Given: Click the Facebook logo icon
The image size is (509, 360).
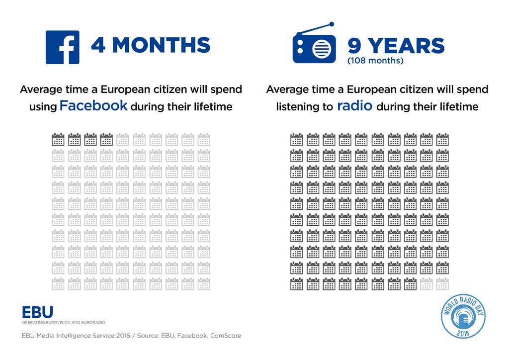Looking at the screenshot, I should (x=62, y=47).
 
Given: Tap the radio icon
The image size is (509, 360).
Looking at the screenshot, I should (x=314, y=46).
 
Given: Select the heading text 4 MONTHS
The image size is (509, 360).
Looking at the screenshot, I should (x=150, y=46).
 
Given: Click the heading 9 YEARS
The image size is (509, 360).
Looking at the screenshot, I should (x=396, y=46).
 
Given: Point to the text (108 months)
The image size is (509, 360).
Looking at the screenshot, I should (x=375, y=62).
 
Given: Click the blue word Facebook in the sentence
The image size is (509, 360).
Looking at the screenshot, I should (x=94, y=106).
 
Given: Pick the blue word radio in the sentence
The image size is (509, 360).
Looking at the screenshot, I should (x=354, y=106).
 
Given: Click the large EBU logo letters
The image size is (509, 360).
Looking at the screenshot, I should (x=37, y=312).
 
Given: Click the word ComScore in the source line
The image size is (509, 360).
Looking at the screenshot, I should (x=226, y=336).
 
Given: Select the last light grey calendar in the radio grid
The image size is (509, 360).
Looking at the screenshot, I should (x=442, y=284).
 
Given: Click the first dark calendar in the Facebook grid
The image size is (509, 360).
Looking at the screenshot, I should (x=58, y=139).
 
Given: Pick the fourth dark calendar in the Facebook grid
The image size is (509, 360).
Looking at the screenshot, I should (x=106, y=139).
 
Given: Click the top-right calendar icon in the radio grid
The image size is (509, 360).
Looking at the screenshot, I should (x=442, y=139).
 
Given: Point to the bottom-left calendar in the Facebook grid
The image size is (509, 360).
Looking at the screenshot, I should (x=58, y=284).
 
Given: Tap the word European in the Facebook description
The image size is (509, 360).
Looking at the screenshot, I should (x=126, y=90).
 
